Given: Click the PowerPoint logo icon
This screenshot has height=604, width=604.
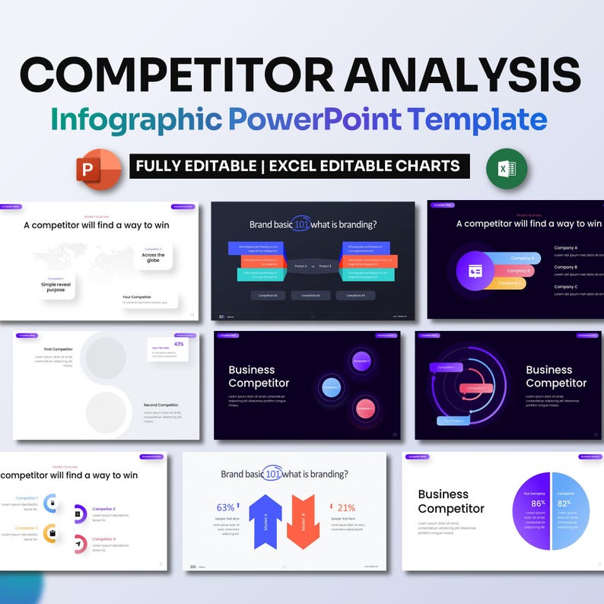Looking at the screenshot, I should pyautogui.click(x=99, y=167).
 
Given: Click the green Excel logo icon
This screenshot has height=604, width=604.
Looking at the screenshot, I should pyautogui.click(x=507, y=167).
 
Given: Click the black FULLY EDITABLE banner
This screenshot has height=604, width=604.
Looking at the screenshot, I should pyautogui.click(x=299, y=166).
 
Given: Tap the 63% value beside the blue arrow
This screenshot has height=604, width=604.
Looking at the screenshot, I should pyautogui.click(x=226, y=507).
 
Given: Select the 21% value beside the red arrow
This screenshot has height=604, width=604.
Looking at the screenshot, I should pyautogui.click(x=346, y=507).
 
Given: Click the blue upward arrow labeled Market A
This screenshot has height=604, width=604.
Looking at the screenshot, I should pyautogui.click(x=265, y=521).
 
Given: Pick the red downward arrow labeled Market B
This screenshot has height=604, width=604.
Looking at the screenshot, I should pyautogui.click(x=303, y=521).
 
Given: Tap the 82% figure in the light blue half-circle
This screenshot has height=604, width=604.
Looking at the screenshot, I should pyautogui.click(x=564, y=503).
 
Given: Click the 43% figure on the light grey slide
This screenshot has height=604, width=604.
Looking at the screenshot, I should pyautogui.click(x=179, y=344).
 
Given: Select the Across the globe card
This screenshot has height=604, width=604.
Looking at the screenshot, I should pyautogui.click(x=153, y=256).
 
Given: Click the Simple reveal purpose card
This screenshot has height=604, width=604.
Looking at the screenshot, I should pyautogui.click(x=56, y=285).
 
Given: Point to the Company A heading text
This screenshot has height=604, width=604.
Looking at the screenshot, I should pyautogui.click(x=565, y=248).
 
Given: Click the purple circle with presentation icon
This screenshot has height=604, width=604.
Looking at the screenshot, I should pyautogui.click(x=475, y=271).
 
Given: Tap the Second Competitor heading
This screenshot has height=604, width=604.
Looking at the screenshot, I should pyautogui.click(x=161, y=405).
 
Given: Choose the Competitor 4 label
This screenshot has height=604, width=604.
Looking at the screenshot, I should pyautogui.click(x=104, y=539).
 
